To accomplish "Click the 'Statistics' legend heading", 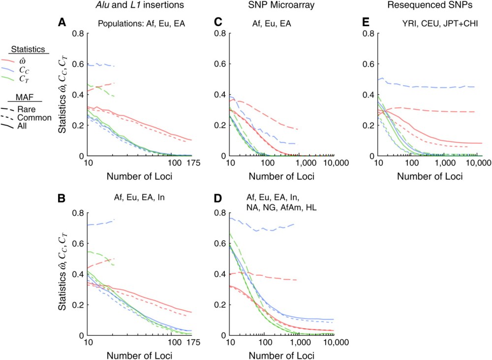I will [x=29, y=50].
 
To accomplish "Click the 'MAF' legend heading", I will [x=28, y=96].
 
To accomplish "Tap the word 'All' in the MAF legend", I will [x=22, y=126].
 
